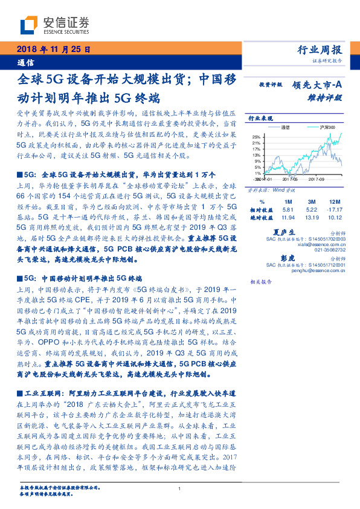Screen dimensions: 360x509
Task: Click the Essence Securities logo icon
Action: click(x=28, y=24)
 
